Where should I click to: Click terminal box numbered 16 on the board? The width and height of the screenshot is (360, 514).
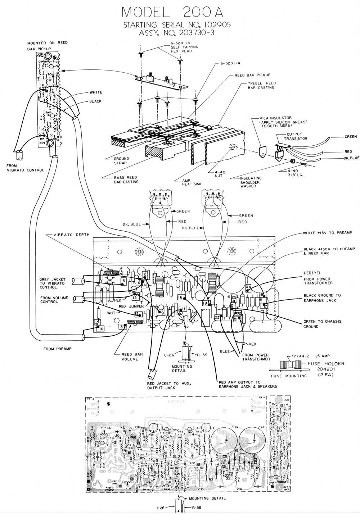(181, 297)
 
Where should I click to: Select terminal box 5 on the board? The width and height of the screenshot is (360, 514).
(124, 281)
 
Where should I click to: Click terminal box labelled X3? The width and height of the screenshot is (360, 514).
(217, 318)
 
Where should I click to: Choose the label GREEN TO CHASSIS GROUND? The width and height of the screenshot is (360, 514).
(322, 324)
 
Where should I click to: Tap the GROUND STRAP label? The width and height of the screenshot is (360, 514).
(121, 160)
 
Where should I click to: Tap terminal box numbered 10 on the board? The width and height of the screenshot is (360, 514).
(101, 328)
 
